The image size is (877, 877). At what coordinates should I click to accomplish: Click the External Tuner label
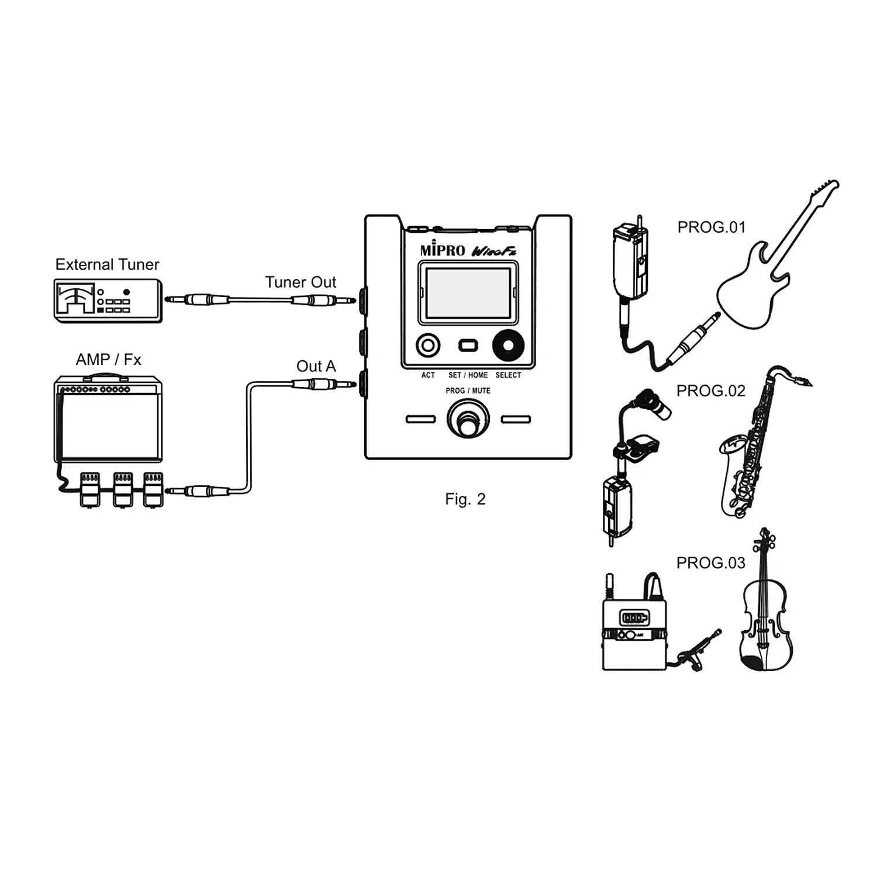[107, 265]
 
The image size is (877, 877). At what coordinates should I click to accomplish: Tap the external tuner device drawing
[108, 300]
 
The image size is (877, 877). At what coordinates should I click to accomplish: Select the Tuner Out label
[301, 282]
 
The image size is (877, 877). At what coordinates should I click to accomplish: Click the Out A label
[316, 367]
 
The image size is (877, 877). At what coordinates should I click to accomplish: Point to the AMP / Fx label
[108, 360]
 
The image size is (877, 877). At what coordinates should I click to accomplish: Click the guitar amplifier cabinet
[108, 421]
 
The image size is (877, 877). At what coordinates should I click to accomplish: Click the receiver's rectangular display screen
[468, 294]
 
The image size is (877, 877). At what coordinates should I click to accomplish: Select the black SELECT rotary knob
[508, 346]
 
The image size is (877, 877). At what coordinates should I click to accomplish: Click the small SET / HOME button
[468, 346]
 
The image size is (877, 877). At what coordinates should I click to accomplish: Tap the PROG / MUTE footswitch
[467, 422]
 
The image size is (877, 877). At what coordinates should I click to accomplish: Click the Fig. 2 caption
[465, 499]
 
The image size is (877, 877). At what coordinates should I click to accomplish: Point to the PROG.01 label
[712, 227]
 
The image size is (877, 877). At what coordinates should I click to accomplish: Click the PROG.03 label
[710, 563]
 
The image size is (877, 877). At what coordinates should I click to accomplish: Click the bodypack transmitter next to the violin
[634, 631]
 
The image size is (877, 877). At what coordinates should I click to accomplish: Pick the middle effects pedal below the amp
[122, 488]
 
